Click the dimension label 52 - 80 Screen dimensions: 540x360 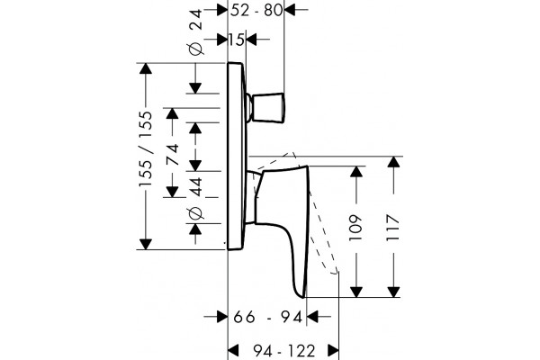coord(256,10)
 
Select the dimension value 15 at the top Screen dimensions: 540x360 coord(237,40)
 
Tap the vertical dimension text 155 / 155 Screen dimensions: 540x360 coord(145,148)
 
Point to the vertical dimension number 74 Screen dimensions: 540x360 coord(172,154)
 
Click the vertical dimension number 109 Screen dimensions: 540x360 coord(355,228)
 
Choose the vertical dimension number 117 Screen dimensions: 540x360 coord(393,228)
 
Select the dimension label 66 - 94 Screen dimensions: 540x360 coord(268,317)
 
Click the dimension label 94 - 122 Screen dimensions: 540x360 coord(284,351)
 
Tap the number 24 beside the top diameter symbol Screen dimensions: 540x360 coord(195,21)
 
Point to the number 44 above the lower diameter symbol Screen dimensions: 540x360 coord(195,187)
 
